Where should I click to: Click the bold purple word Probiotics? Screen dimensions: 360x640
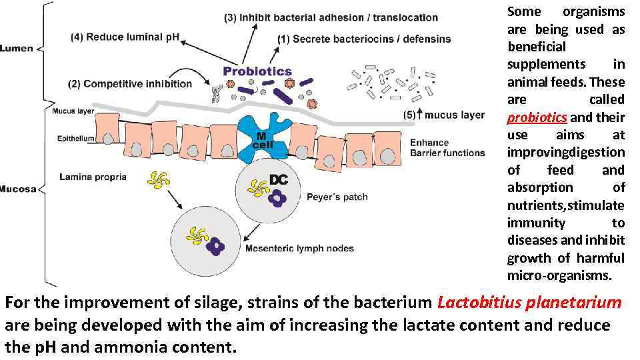click(257, 70)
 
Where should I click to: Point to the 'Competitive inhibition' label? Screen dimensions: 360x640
click(129, 83)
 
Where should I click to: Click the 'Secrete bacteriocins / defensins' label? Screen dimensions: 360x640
click(364, 39)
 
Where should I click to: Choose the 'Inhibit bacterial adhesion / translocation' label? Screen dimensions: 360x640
click(331, 17)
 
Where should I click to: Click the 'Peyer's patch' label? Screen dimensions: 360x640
click(337, 197)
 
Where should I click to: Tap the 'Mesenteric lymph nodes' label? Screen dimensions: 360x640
click(300, 249)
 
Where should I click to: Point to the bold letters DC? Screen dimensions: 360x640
click(278, 179)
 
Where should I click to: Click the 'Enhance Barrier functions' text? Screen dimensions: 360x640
click(447, 147)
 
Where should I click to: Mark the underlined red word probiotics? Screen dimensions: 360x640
click(537, 117)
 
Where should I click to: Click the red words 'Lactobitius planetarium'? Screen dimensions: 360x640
click(529, 303)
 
